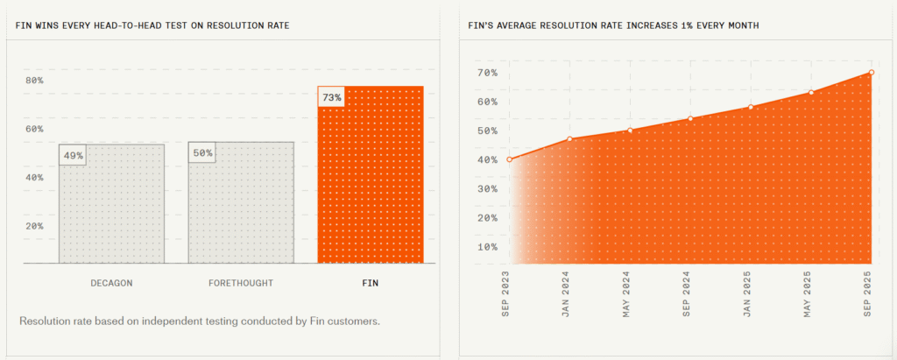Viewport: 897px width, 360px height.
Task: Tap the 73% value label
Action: coord(332,97)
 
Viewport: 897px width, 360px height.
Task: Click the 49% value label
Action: coord(74,156)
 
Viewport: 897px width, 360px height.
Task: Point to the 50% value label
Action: coord(202,153)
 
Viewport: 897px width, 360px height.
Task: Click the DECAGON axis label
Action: coord(111,283)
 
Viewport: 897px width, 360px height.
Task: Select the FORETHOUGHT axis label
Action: coord(241,283)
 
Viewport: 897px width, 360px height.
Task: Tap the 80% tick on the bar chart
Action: coord(34,81)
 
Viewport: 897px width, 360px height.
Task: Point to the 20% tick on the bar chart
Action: coord(34,226)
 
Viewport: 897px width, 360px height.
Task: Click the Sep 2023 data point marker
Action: coord(510,159)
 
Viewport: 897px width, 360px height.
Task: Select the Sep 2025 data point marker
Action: coord(872,73)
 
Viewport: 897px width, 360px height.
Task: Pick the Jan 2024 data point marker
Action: coord(570,139)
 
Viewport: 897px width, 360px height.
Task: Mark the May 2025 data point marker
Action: coord(811,93)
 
